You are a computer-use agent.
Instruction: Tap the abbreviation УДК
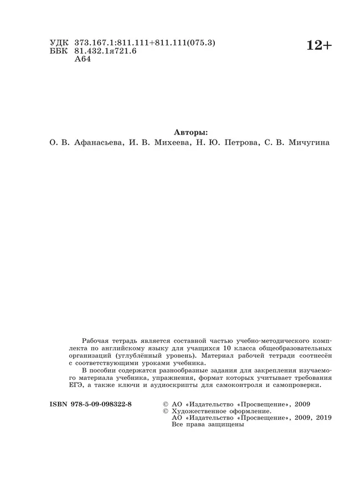pos(59,43)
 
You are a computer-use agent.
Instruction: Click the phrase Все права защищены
pos(208,425)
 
